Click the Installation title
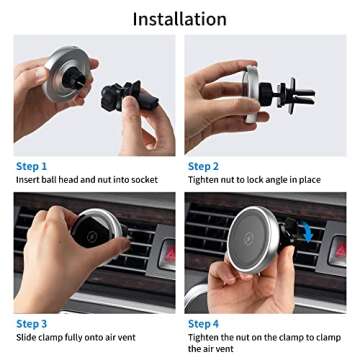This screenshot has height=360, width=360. tap(180, 19)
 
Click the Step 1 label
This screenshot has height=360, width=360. tap(31, 166)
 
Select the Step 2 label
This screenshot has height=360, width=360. tap(204, 166)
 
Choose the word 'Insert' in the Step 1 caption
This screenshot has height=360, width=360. tap(28, 180)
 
